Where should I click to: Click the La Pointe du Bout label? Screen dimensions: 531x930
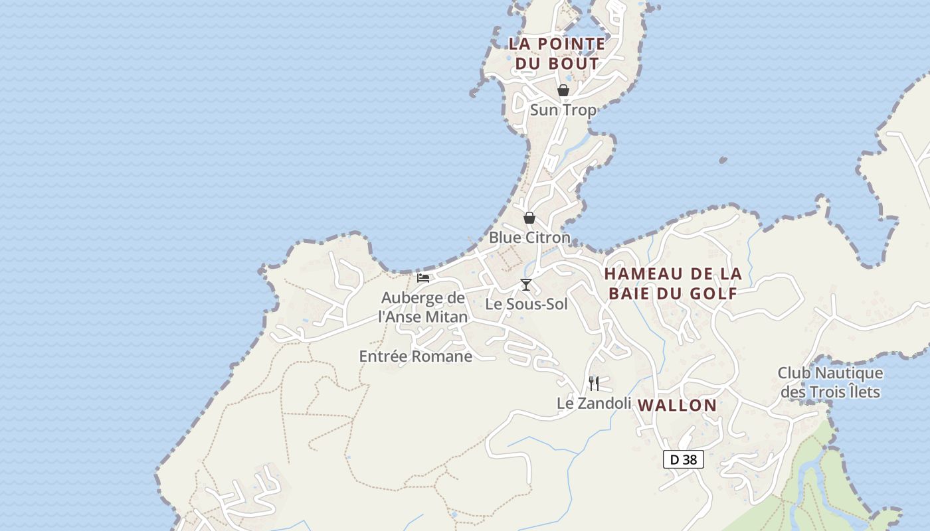(x=557, y=54)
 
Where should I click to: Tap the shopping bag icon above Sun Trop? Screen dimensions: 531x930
(x=563, y=90)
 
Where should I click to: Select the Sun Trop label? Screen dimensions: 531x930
(x=563, y=110)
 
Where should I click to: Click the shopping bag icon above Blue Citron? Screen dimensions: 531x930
(x=529, y=218)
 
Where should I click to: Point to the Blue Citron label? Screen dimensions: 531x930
(x=529, y=238)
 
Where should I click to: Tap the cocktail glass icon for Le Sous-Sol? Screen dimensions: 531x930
(x=526, y=285)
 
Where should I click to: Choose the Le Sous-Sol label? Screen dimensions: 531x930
(x=526, y=305)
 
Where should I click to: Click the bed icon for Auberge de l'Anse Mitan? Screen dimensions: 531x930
(x=423, y=278)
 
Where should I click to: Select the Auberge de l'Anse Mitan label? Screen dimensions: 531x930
(x=423, y=307)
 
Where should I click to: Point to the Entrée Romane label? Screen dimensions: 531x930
(x=416, y=356)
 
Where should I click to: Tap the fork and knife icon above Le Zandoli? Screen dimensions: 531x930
(x=594, y=383)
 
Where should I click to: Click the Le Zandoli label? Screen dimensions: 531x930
(x=594, y=403)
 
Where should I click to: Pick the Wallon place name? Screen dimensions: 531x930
(x=678, y=406)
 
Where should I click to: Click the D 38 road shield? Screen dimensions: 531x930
(x=683, y=459)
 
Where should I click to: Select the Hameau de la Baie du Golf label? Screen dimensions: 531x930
(x=672, y=283)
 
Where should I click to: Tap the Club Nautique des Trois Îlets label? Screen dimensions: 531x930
(x=830, y=383)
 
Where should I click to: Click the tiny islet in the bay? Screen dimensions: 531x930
(x=723, y=160)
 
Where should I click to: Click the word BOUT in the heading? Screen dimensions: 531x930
(x=574, y=64)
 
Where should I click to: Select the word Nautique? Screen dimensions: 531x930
(x=849, y=374)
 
